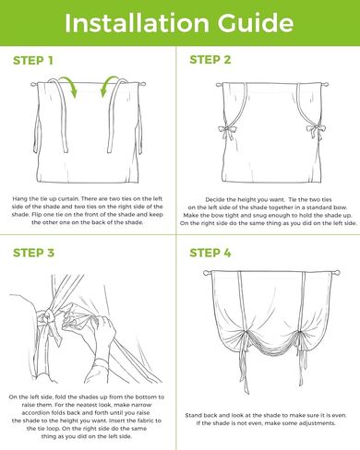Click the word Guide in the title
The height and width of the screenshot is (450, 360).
256,23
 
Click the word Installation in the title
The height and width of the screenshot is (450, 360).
137,23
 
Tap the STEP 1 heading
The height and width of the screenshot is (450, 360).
33,61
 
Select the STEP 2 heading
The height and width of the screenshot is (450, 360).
210,60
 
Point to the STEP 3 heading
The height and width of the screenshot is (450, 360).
33,253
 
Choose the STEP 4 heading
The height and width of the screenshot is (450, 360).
210,253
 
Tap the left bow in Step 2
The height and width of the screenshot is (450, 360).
226,131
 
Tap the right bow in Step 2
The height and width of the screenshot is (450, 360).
316,131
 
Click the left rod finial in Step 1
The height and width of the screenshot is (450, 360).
33,84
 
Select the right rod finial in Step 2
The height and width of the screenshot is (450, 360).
325,85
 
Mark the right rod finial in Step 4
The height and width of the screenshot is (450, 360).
338,272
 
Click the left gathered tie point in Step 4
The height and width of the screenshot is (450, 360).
246,333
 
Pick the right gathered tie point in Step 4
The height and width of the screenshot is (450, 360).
299,334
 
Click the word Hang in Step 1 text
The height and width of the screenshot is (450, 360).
19,199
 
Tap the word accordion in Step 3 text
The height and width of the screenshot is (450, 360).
36,413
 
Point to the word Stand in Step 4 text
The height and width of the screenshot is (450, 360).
193,415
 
